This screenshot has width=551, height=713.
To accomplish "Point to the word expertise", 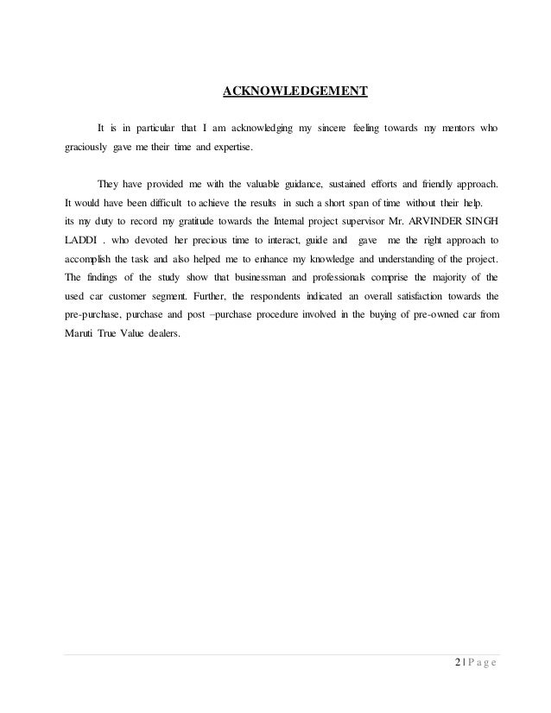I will coord(229,148).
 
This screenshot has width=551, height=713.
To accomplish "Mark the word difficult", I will coord(158,203).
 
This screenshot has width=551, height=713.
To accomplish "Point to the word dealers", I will coord(161,333).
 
